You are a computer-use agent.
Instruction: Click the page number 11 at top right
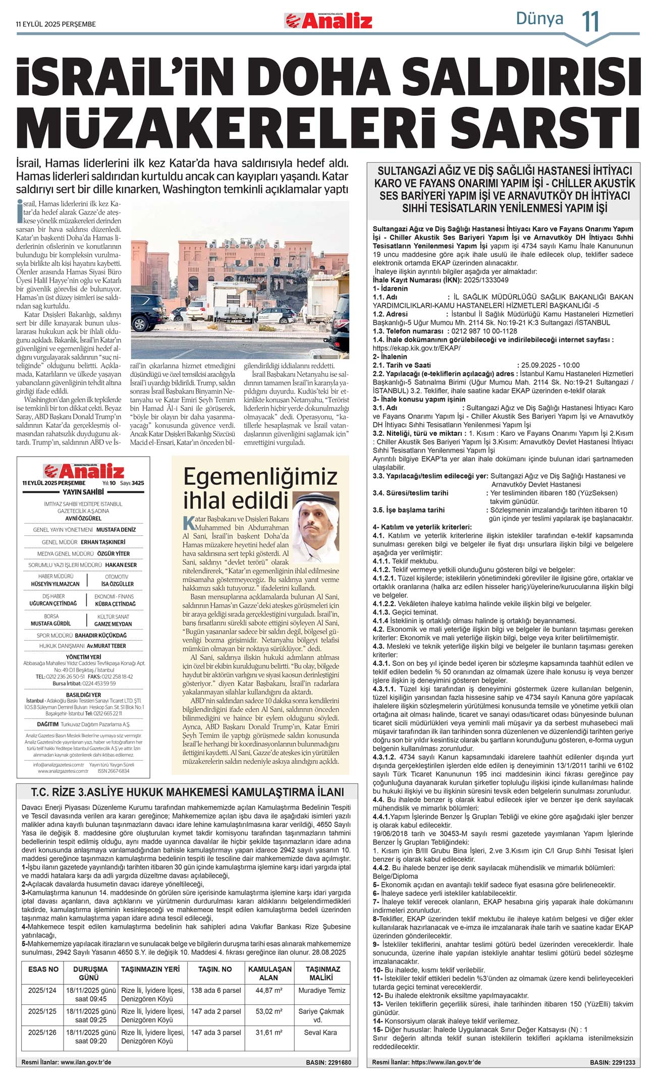click(590, 22)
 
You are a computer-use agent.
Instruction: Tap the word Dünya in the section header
click(539, 19)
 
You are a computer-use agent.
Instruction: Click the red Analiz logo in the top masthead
click(328, 21)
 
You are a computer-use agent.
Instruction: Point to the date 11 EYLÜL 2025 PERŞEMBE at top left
click(56, 24)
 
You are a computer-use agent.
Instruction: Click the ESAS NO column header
click(43, 969)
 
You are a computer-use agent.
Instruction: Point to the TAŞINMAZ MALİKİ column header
click(322, 973)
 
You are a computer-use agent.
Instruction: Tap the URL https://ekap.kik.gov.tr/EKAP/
click(416, 348)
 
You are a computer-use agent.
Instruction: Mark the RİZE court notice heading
click(188, 792)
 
